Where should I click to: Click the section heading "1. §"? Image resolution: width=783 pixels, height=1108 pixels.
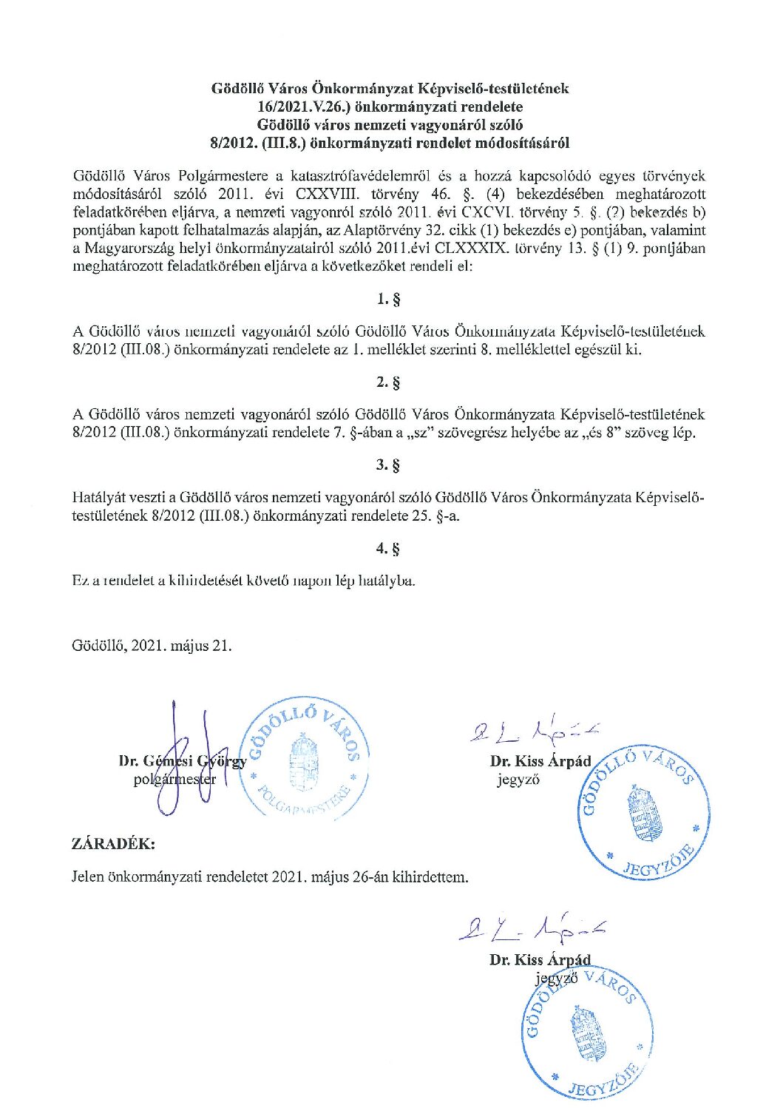tap(389, 300)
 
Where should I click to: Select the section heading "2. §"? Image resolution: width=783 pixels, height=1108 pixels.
tap(389, 382)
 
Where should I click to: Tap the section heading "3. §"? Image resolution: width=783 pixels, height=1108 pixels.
tap(389, 465)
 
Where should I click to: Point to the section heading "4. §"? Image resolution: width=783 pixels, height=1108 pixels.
tap(389, 549)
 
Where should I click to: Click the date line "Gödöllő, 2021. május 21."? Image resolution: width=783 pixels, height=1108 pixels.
tap(152, 645)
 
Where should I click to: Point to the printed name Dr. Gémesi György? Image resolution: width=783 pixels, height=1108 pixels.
tap(183, 761)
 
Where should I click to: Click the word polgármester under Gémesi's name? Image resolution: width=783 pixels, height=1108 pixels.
tap(175, 779)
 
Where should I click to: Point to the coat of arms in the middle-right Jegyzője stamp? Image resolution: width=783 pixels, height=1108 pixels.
tap(640, 814)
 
